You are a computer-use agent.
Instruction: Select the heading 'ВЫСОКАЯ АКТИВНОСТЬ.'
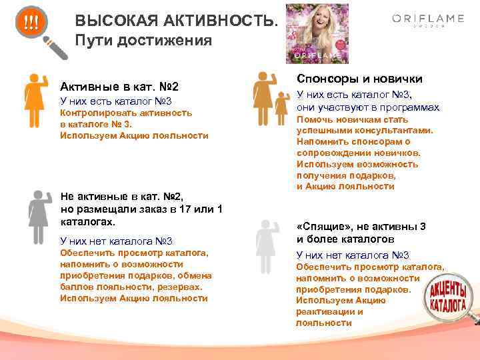(x=174, y=22)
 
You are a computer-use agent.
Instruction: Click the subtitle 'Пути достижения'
(x=143, y=40)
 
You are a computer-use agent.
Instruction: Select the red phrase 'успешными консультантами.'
(x=365, y=130)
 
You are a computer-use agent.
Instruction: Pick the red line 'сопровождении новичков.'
(x=358, y=152)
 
